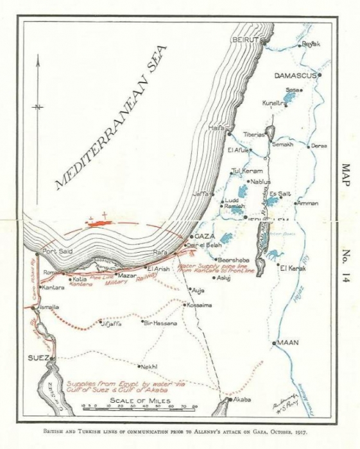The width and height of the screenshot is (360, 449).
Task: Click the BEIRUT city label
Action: [244, 40]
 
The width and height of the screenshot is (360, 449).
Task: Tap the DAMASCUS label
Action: [295, 76]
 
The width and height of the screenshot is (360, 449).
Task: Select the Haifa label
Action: [216, 128]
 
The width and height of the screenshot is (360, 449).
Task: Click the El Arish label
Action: [159, 269]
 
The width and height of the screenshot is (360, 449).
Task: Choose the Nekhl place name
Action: [149, 366]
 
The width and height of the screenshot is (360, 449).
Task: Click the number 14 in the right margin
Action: [347, 282]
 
